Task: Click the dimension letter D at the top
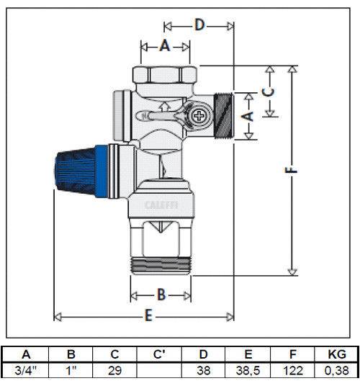(199, 24)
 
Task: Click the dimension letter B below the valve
(161, 295)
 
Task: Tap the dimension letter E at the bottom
(148, 315)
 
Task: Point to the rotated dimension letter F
(291, 170)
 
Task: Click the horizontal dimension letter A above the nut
(165, 45)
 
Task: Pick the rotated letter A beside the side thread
(248, 116)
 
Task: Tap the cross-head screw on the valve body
(199, 116)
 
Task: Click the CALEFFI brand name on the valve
(161, 205)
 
